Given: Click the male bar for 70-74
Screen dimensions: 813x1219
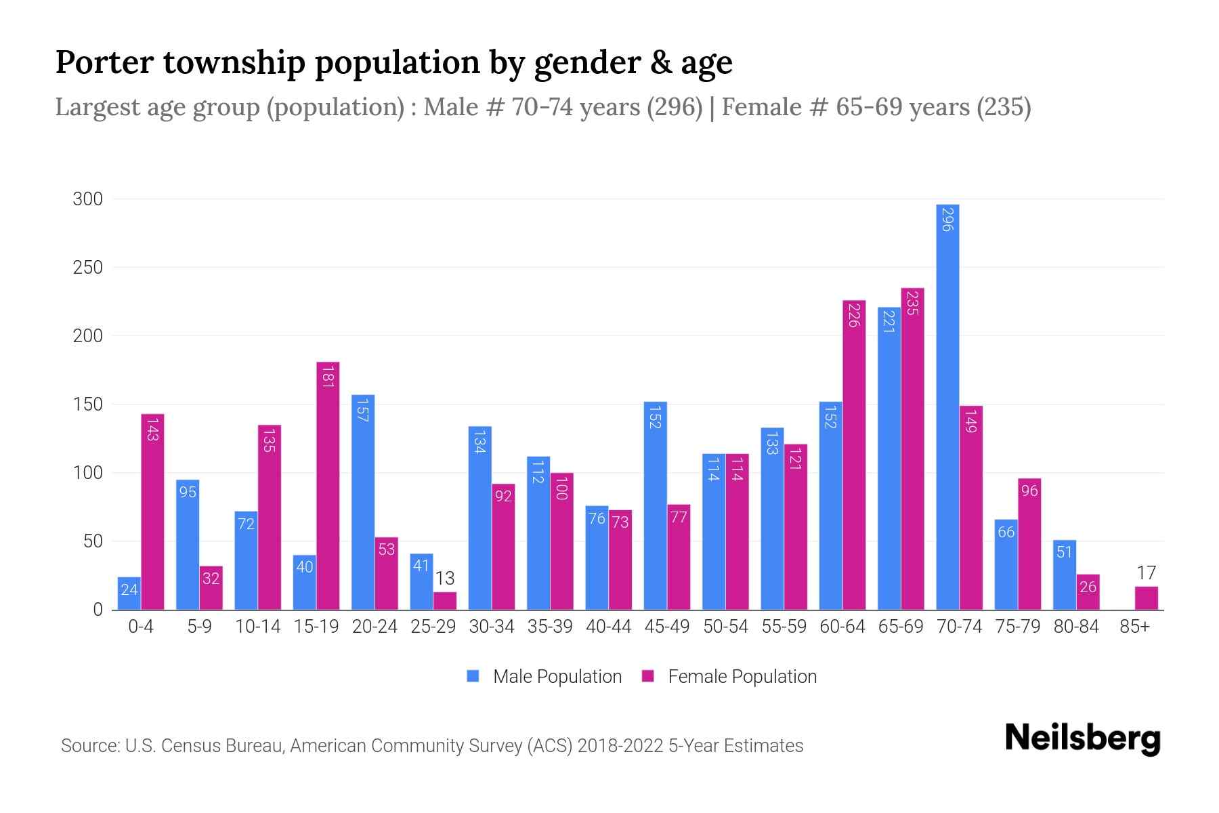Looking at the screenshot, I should pyautogui.click(x=947, y=406).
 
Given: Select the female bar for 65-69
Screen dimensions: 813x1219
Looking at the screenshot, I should pyautogui.click(x=912, y=449).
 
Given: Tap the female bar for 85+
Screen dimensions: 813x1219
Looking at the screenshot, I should pyautogui.click(x=1146, y=598).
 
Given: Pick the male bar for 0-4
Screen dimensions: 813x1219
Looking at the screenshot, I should pyautogui.click(x=129, y=593).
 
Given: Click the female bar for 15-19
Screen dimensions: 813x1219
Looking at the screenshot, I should pyautogui.click(x=328, y=486).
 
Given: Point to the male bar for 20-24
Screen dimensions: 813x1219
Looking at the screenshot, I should pyautogui.click(x=363, y=502).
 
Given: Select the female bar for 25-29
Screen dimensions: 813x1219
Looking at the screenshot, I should pyautogui.click(x=445, y=601).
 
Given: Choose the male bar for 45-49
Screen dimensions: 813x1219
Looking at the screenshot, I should pyautogui.click(x=655, y=505).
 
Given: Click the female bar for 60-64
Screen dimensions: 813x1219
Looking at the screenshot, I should pyautogui.click(x=854, y=455).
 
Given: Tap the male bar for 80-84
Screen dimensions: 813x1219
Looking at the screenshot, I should pyautogui.click(x=1064, y=575).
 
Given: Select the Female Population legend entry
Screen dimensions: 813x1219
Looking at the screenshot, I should pyautogui.click(x=729, y=676).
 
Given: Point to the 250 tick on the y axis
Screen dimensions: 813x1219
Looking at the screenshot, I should pyautogui.click(x=88, y=268).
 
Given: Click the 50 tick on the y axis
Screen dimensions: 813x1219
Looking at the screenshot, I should pyautogui.click(x=93, y=541).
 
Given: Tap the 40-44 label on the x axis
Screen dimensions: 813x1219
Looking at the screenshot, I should pyautogui.click(x=608, y=627).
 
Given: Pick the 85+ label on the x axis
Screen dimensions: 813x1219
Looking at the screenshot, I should pyautogui.click(x=1134, y=627).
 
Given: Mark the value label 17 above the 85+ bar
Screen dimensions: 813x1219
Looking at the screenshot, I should pyautogui.click(x=1146, y=573).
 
